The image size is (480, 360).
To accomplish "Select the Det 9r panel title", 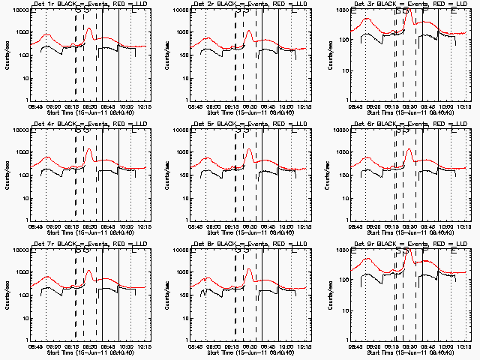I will point(403,243).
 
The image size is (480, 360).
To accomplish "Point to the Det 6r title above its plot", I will point(403,123).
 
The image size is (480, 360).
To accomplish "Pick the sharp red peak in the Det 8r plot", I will point(248,270).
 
